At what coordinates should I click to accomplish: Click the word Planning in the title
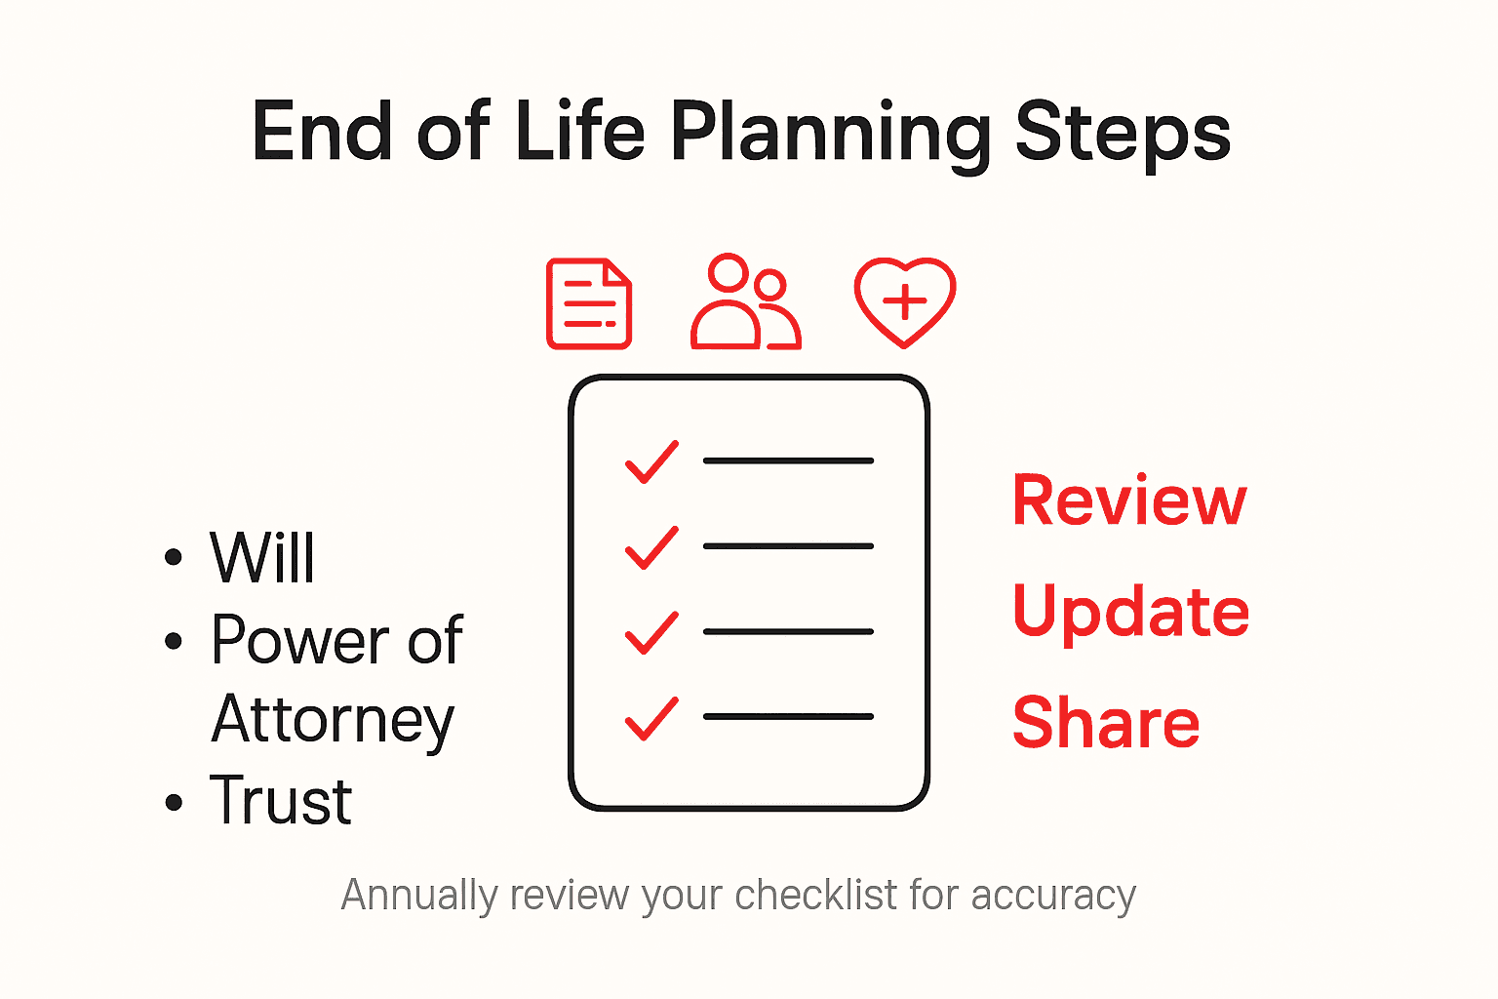click(829, 135)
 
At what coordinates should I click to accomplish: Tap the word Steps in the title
click(1123, 135)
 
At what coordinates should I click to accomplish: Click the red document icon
click(589, 303)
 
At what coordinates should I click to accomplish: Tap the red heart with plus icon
click(905, 301)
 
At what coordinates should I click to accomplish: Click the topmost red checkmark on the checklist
click(651, 461)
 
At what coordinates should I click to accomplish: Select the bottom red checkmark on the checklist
click(651, 718)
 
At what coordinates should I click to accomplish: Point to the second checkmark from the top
click(651, 547)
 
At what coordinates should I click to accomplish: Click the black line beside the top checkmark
click(788, 460)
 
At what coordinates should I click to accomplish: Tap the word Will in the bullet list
click(263, 558)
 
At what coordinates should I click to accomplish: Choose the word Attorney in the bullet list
click(333, 721)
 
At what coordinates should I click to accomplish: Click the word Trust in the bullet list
click(281, 801)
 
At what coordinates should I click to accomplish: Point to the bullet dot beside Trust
click(175, 803)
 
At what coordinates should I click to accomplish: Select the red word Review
click(1129, 500)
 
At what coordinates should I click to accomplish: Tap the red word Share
click(1106, 723)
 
